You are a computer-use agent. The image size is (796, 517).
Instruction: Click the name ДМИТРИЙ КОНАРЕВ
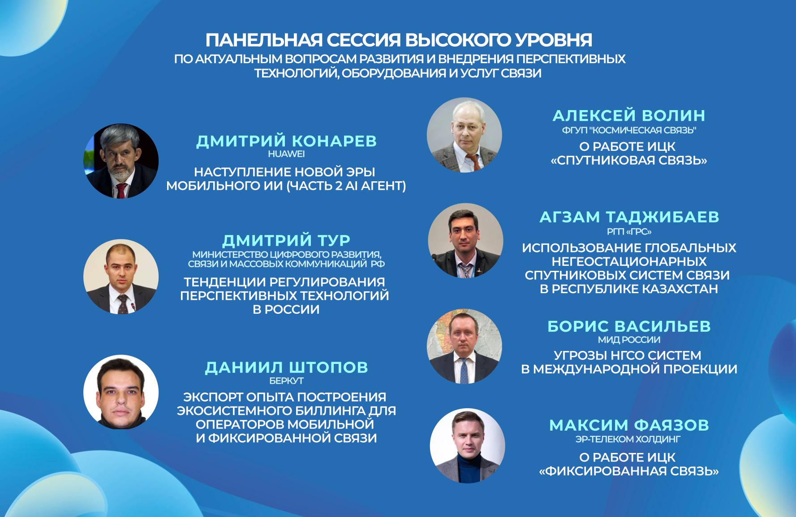(286, 141)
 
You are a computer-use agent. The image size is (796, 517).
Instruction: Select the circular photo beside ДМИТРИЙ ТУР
(121, 277)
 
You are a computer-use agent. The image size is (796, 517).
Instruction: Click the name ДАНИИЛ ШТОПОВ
(286, 367)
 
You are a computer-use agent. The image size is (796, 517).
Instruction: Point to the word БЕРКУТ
(286, 381)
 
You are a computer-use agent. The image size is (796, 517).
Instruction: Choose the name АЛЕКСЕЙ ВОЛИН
(629, 115)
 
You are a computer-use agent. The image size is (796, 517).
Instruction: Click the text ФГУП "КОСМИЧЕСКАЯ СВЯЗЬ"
(629, 130)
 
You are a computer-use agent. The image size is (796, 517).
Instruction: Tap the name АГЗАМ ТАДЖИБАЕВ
(629, 217)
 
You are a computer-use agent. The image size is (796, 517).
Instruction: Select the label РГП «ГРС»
(629, 232)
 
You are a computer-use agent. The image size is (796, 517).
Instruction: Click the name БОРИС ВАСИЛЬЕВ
(629, 326)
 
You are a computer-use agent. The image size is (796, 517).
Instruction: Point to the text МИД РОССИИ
(629, 340)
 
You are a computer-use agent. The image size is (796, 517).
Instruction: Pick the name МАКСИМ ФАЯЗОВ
(629, 425)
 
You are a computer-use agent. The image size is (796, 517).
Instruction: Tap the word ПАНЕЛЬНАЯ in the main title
(264, 40)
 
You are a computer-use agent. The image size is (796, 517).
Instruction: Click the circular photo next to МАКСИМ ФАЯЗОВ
(468, 446)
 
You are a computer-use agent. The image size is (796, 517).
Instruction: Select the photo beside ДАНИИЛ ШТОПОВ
(121, 392)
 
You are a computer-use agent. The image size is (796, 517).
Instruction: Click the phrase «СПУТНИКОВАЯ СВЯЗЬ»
(629, 160)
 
